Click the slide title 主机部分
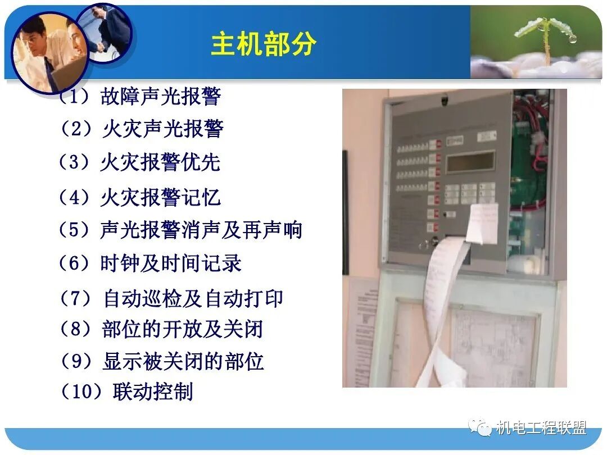[x=264, y=44]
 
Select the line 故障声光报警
[x=160, y=97]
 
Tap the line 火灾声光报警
[x=162, y=129]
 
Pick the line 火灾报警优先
[x=160, y=162]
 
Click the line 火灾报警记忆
[x=160, y=197]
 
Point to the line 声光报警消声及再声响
[x=201, y=230]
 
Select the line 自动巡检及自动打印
[x=193, y=298]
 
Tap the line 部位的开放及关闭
[x=182, y=329]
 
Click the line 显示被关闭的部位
[x=183, y=361]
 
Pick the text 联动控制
[x=153, y=392]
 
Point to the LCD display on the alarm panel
[x=470, y=162]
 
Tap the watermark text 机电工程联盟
[x=541, y=428]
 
